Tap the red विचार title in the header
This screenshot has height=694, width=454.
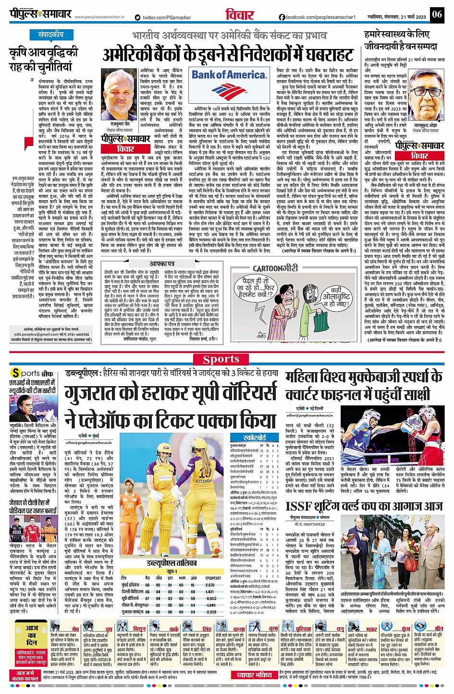click(x=240, y=15)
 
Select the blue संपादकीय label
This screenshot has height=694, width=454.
click(x=51, y=35)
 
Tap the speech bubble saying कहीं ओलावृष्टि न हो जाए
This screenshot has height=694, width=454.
click(x=342, y=297)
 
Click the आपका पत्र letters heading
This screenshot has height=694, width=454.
click(x=161, y=264)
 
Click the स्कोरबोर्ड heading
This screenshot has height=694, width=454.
click(x=255, y=425)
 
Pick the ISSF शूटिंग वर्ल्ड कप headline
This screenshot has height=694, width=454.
click(x=364, y=506)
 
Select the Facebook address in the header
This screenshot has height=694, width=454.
click(x=317, y=17)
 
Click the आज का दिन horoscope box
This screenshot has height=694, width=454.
click(x=32, y=635)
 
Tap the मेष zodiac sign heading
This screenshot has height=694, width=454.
click(x=75, y=629)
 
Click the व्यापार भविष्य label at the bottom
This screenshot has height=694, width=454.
click(x=254, y=675)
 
